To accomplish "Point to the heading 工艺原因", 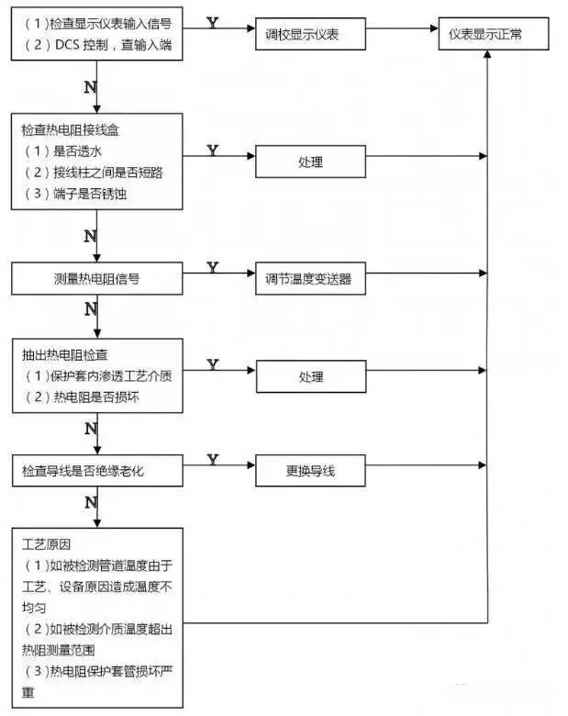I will [47, 543].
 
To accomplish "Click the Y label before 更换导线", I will [213, 459].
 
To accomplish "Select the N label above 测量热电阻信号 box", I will [90, 236].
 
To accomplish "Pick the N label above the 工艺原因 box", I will [90, 502].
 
